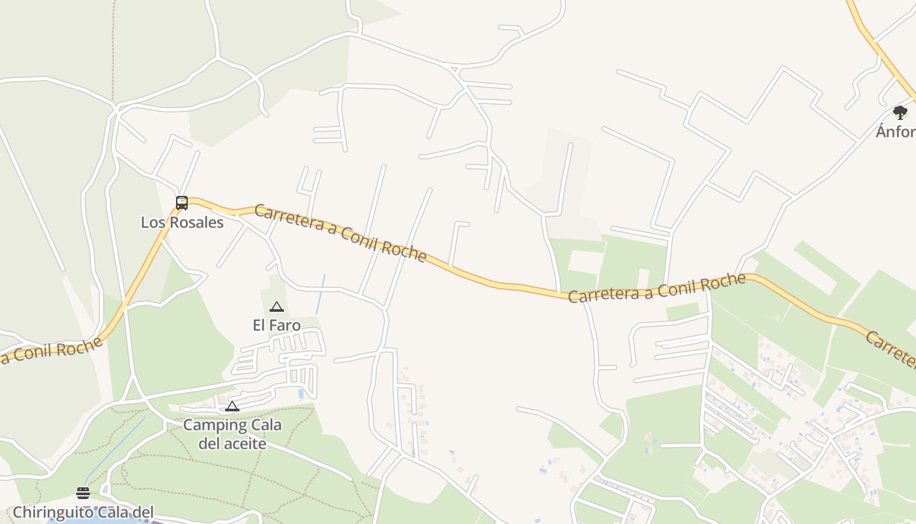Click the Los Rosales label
coord(182,223)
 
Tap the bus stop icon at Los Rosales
coord(182,203)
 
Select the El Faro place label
coord(277,326)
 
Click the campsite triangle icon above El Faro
coord(277,307)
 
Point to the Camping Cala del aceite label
coord(232,434)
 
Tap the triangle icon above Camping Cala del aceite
coord(232,407)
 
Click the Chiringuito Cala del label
coord(82,512)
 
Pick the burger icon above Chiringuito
coord(83,493)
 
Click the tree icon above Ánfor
coord(900,113)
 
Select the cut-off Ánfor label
coord(896,132)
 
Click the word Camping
coord(211,425)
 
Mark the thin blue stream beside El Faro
coord(321,295)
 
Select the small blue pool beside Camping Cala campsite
coord(301,394)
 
